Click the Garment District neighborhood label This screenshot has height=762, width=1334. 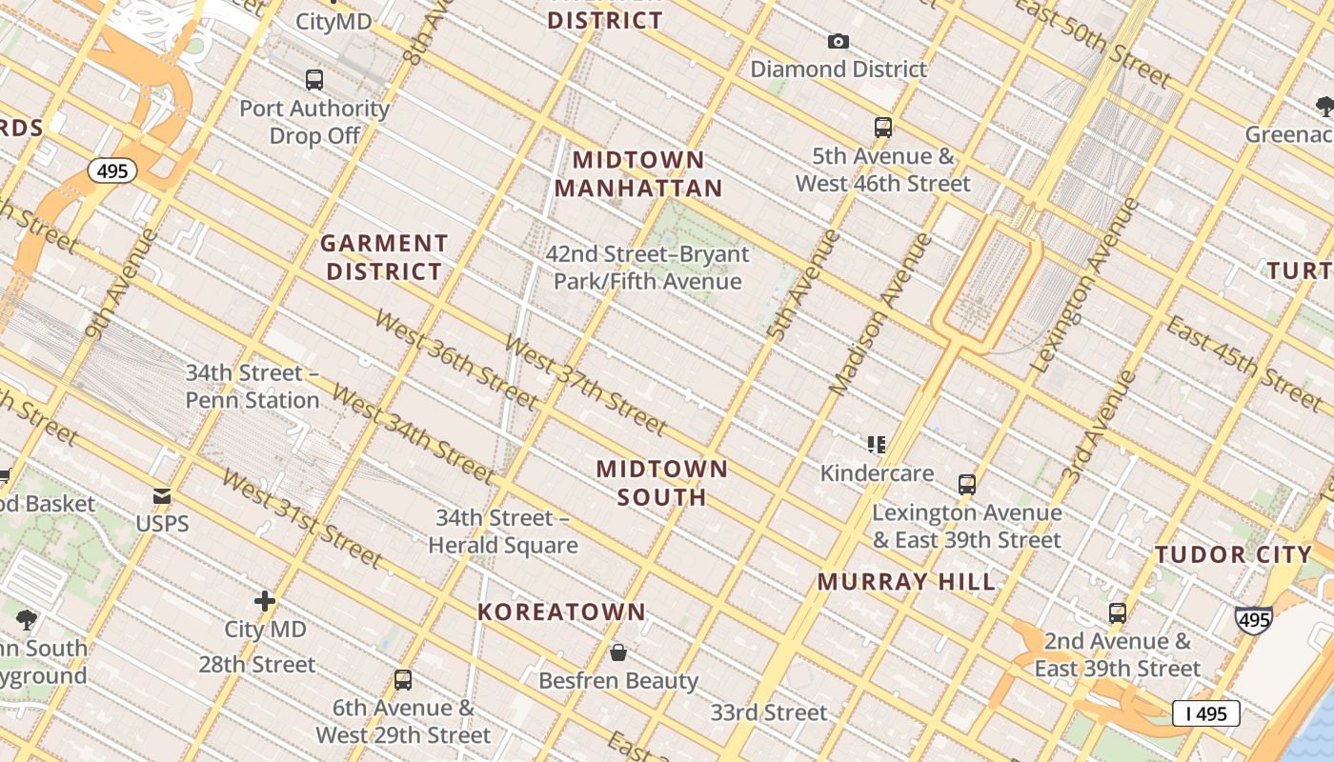384,257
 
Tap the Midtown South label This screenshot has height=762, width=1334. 662,482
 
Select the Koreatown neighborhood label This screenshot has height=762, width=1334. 561,612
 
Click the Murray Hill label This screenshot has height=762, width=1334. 906,581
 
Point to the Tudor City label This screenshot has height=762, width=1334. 1233,554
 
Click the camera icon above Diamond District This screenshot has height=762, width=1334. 838,41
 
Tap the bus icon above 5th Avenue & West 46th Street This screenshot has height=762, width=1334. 883,128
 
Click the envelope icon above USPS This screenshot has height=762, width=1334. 162,496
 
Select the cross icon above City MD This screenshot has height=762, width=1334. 265,601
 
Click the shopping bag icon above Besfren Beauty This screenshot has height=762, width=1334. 618,652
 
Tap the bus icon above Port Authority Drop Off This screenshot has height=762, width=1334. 314,80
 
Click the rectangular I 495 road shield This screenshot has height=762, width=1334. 1205,713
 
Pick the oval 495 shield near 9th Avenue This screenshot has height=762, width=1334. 112,171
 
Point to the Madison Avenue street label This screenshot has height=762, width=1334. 880,314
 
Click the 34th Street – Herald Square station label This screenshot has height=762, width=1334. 502,531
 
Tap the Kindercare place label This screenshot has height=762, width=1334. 877,472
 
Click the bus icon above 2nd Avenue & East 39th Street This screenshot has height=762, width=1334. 1118,612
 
